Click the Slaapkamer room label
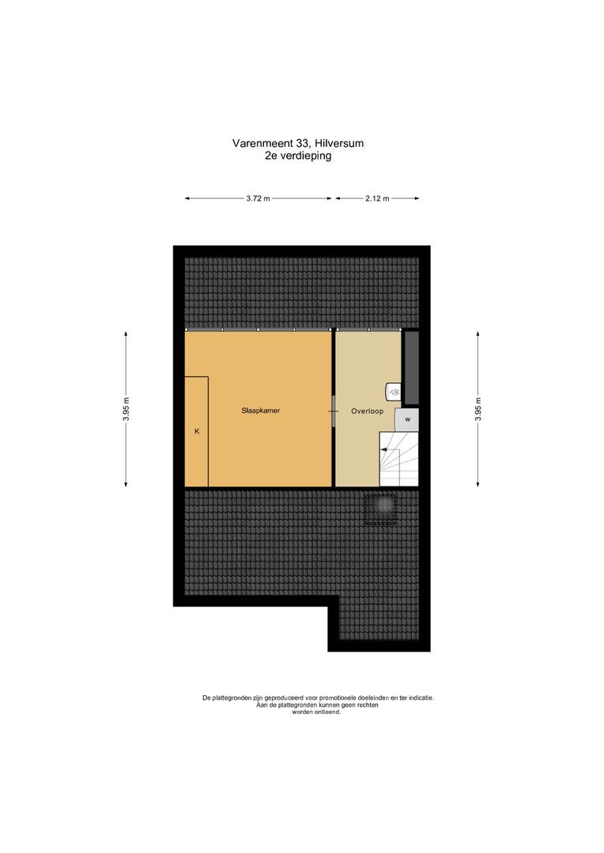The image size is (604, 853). (x=261, y=411)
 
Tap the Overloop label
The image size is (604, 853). (x=368, y=411)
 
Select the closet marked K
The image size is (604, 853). (x=197, y=431)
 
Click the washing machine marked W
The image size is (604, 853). (x=408, y=419)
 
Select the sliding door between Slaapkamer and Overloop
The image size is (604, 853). (x=334, y=411)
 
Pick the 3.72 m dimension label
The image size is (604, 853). (x=258, y=199)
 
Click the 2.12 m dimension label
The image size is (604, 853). (x=377, y=199)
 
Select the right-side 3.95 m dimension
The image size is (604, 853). (x=478, y=410)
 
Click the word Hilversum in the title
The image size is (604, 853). (x=338, y=144)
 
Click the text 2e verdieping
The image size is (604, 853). (x=298, y=156)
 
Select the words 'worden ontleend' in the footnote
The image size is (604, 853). (x=316, y=712)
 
